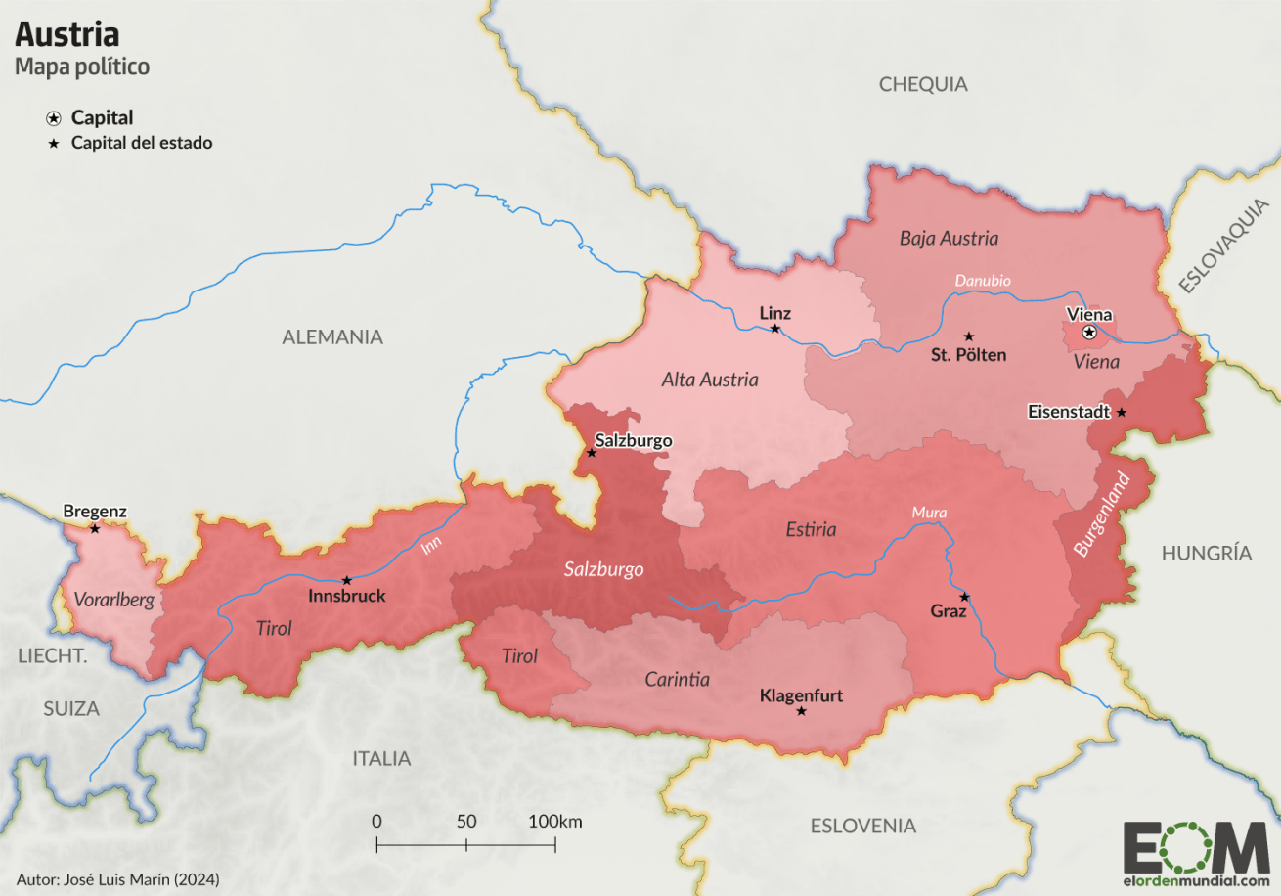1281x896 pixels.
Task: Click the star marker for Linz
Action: (x=775, y=329)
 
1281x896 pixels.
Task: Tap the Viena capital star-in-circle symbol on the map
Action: (x=1089, y=333)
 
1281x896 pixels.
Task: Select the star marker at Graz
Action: (x=964, y=597)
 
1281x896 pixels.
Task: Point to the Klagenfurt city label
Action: (x=801, y=696)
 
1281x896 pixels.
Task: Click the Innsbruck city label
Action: (x=346, y=596)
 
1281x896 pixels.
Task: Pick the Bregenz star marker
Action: (x=95, y=529)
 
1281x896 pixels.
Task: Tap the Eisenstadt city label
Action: (x=1069, y=412)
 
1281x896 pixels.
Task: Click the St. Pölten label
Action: (x=968, y=355)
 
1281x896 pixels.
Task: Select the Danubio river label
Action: (x=983, y=281)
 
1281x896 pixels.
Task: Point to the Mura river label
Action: (x=929, y=513)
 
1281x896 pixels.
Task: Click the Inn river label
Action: (x=431, y=545)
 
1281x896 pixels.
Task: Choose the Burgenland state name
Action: (x=1101, y=515)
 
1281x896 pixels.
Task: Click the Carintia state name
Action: (x=677, y=679)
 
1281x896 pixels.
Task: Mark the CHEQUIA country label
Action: (x=922, y=84)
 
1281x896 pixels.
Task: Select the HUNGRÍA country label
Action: (x=1206, y=554)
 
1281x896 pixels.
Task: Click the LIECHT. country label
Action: (x=53, y=656)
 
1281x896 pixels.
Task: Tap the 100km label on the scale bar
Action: (x=554, y=821)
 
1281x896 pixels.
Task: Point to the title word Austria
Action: (x=66, y=35)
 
